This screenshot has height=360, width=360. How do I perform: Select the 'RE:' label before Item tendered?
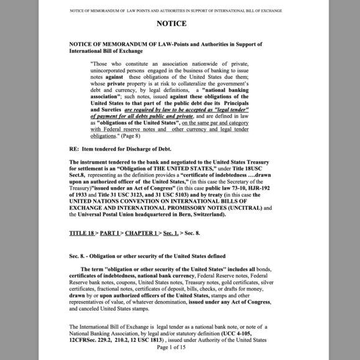[75, 149]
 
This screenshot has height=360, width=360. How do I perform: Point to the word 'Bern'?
[186, 214]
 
